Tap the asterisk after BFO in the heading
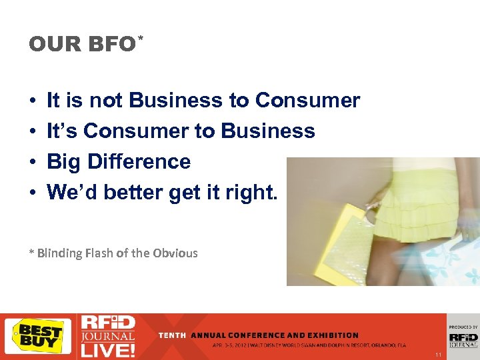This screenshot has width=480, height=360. tap(140, 40)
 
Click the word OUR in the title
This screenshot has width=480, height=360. tap(51, 45)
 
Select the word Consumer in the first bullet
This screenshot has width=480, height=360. tap(307, 101)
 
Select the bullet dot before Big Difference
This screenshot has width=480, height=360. tap(33, 163)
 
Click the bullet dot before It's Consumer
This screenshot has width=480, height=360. tap(33, 132)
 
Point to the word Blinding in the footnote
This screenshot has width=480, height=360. tap(60, 253)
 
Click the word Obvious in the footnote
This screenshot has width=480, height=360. tap(175, 253)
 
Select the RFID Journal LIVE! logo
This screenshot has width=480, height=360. tap(107, 335)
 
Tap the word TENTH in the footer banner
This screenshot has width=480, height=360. tap(172, 335)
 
